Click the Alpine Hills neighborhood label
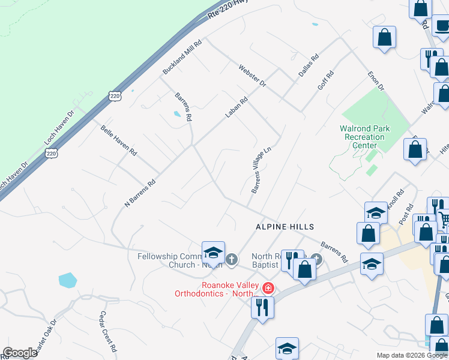click(x=285, y=226)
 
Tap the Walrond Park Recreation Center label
click(x=364, y=137)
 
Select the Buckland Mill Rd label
click(x=183, y=57)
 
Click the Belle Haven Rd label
click(x=119, y=141)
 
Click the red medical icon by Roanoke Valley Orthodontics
click(x=268, y=289)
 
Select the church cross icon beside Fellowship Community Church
click(x=232, y=260)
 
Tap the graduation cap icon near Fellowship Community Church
click(x=213, y=253)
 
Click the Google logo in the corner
click(x=20, y=353)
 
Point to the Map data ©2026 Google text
click(x=411, y=355)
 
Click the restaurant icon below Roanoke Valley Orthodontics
click(x=262, y=307)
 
